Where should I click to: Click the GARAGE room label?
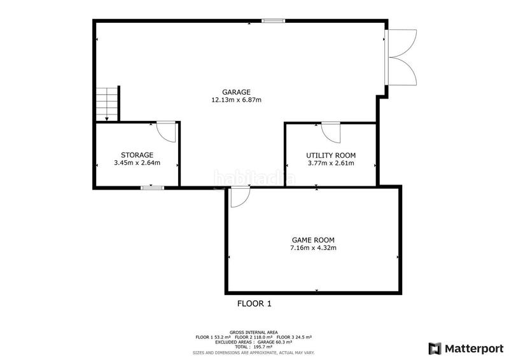236,92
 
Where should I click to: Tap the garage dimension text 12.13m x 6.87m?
236,100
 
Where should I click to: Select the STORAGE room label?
137,155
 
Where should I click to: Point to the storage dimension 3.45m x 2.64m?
137,163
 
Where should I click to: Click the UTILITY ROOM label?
331,155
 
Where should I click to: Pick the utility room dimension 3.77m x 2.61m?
331,163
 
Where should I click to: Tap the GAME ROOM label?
313,240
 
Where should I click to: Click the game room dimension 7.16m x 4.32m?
313,248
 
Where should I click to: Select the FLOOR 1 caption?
254,304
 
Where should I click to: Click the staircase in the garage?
107,104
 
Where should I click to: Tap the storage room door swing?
166,132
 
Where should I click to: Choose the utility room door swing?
331,132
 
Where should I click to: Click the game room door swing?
241,197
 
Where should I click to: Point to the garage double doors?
401,57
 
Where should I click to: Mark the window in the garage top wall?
274,21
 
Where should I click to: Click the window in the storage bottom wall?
152,188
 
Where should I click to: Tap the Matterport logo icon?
435,349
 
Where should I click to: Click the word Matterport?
474,349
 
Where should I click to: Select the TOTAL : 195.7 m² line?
253,347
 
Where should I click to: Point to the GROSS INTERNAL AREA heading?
253,333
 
